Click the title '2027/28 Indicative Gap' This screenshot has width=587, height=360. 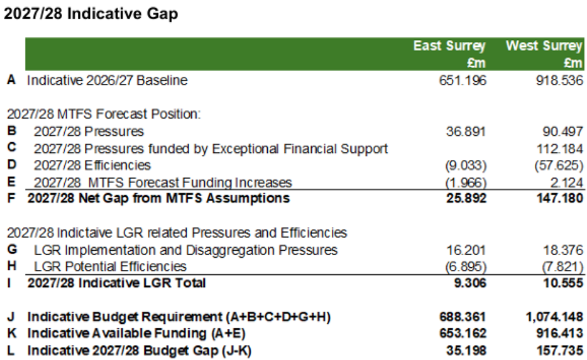[91, 14]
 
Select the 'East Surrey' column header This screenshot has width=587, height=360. [449, 46]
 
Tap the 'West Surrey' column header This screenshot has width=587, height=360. [543, 46]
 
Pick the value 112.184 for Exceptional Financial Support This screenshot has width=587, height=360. [561, 149]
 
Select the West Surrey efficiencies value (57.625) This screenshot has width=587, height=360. [558, 165]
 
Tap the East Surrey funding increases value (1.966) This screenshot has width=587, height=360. [467, 182]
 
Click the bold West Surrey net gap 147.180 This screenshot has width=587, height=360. [561, 198]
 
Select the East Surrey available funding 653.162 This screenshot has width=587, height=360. [463, 333]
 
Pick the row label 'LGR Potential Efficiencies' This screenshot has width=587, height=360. [110, 267]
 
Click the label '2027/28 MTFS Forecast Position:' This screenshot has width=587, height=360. [104, 114]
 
